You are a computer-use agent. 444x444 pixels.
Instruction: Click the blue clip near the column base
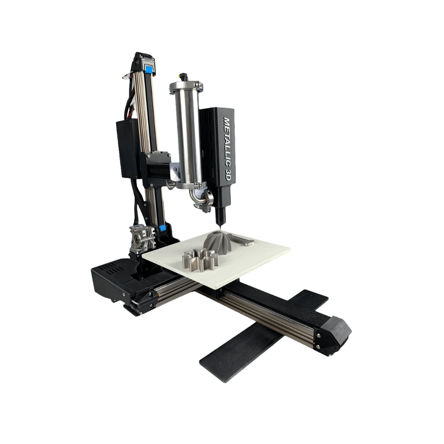[x=162, y=228]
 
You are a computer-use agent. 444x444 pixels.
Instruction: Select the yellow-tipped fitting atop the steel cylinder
[x=182, y=77]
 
